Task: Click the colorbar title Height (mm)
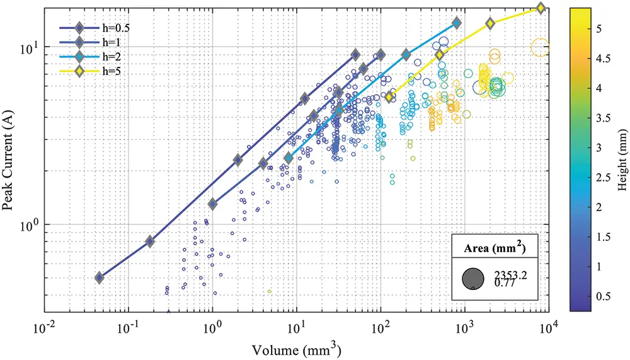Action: tap(621, 160)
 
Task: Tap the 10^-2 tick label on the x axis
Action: tap(43, 328)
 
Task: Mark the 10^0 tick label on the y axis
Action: tap(29, 225)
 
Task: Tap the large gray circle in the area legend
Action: tap(472, 278)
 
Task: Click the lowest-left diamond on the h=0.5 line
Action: tap(99, 278)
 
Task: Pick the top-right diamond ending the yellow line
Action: tap(541, 8)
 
